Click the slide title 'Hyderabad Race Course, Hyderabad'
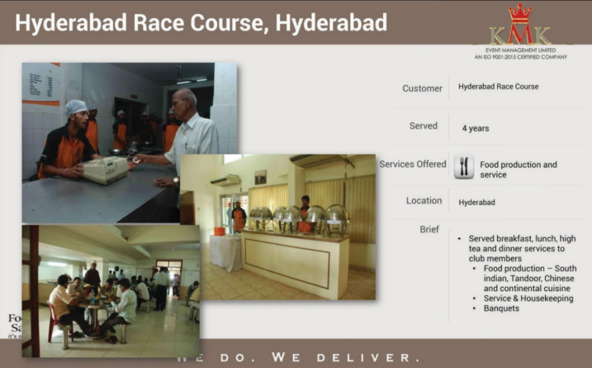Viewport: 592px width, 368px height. [201, 23]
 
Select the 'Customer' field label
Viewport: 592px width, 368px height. [422, 88]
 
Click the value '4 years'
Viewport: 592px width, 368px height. [476, 128]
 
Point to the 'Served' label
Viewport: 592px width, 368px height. [424, 127]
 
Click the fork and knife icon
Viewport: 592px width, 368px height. [464, 166]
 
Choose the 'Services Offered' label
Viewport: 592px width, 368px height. [413, 165]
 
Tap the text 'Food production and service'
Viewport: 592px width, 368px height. [519, 170]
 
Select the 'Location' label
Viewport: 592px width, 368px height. [424, 201]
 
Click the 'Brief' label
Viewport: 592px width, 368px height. [429, 229]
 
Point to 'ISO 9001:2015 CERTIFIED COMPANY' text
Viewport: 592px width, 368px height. [520, 57]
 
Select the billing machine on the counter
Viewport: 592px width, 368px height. [104, 168]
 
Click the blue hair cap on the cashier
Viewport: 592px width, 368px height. [76, 108]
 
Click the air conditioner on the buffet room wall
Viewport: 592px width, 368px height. [226, 179]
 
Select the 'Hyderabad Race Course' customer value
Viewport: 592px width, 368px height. [499, 86]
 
